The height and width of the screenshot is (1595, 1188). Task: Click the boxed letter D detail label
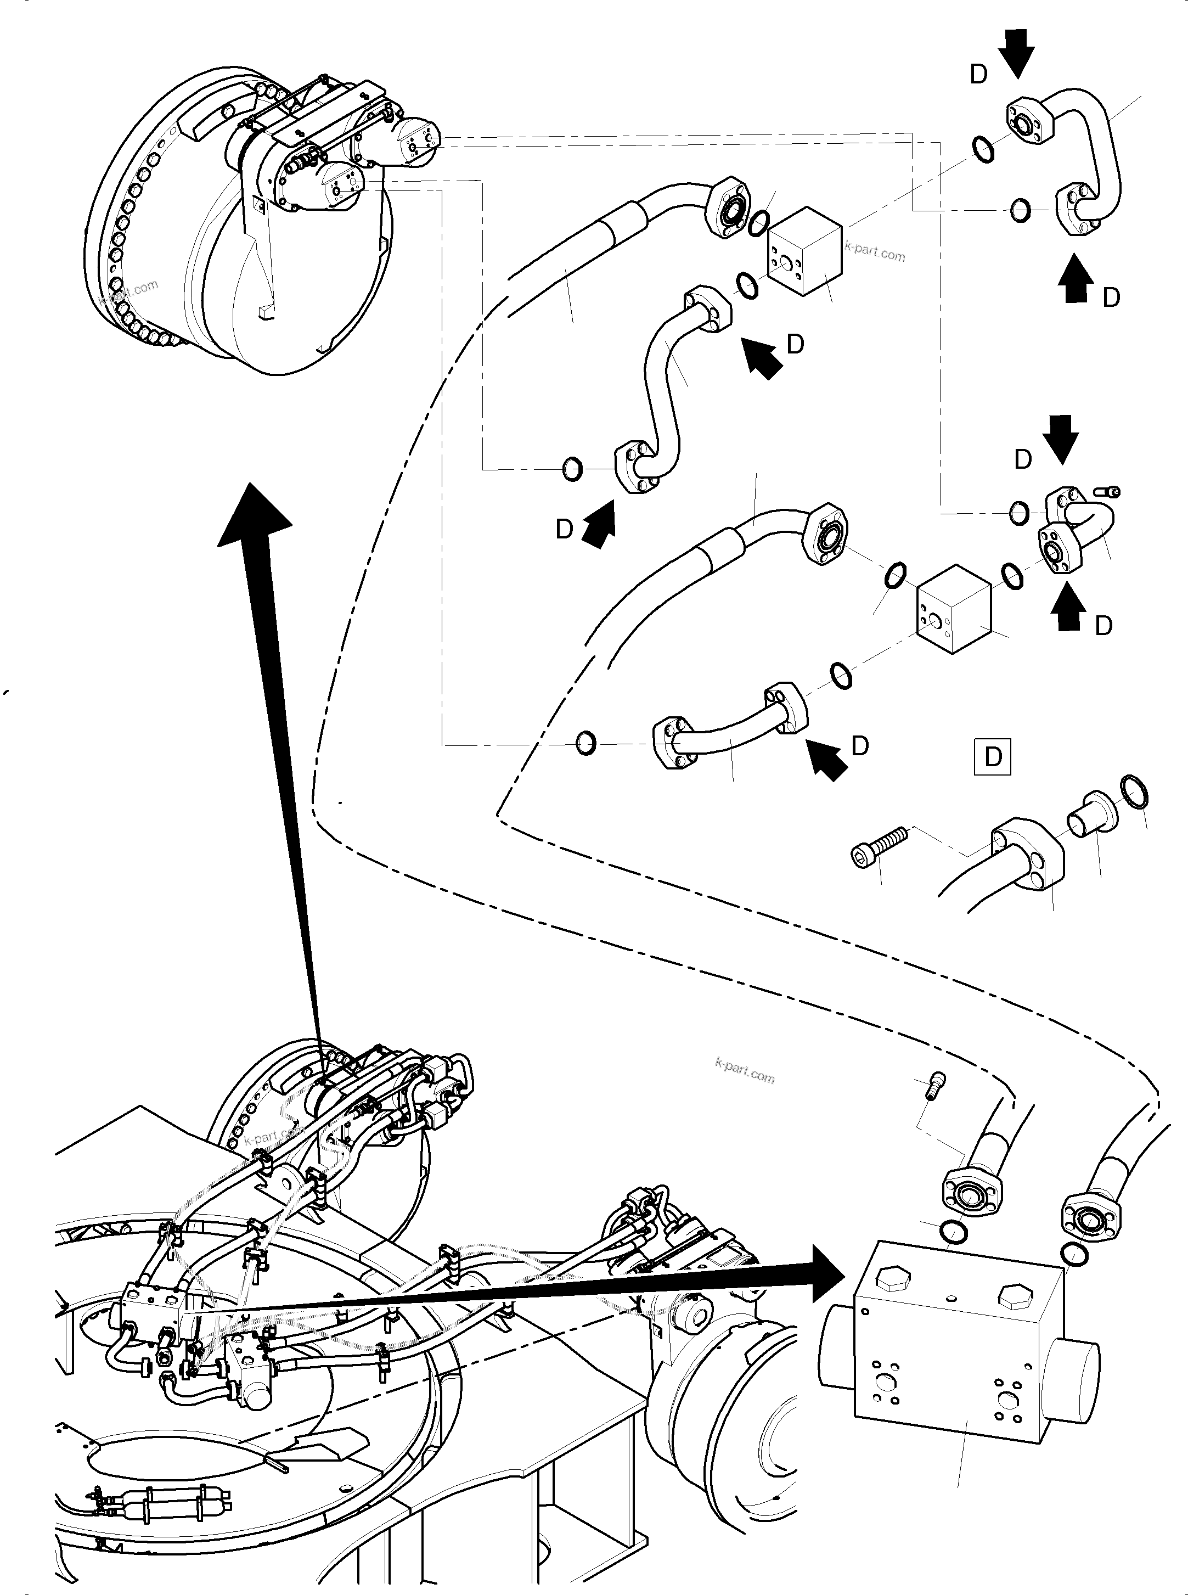993,756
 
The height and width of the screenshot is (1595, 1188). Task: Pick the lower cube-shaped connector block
954,608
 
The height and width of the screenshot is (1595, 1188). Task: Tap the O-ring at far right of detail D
1134,792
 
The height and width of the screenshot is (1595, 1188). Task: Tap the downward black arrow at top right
1018,51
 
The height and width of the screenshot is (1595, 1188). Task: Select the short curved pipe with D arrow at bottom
727,738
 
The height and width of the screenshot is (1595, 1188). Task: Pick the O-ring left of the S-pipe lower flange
572,469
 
